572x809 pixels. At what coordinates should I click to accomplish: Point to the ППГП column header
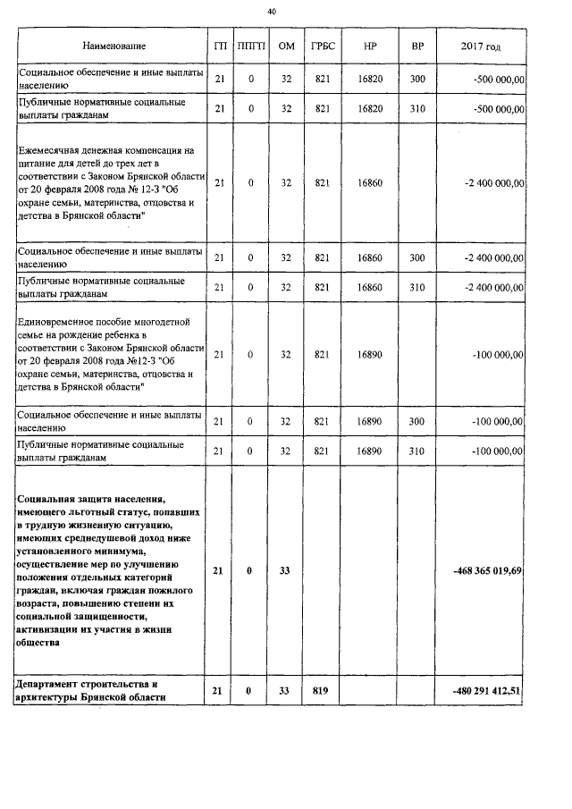pos(251,46)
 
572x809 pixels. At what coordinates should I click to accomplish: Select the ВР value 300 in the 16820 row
pos(416,80)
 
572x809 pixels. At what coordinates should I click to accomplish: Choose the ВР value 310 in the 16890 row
pos(416,451)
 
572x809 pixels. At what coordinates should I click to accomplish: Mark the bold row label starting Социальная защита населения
pos(107,569)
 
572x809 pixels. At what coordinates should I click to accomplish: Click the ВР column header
pos(416,46)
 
